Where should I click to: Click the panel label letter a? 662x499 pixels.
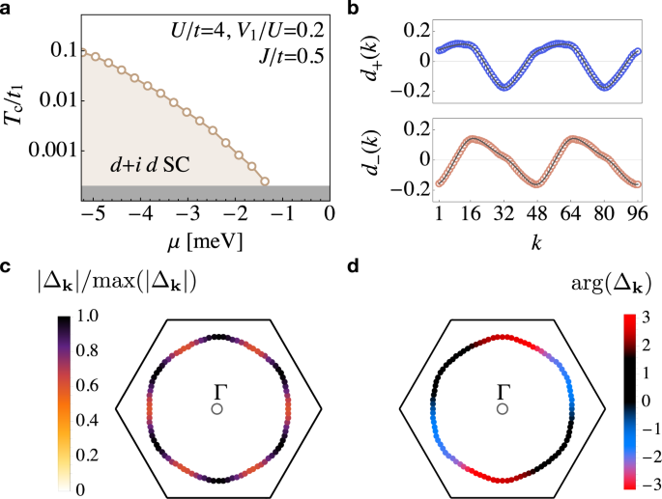tap(9, 9)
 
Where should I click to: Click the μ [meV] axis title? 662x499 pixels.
tap(204, 236)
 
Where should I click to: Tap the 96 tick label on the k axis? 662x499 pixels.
tap(635, 212)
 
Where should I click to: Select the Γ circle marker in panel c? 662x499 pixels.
tap(217, 409)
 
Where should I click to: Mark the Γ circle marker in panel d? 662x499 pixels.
tap(503, 409)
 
